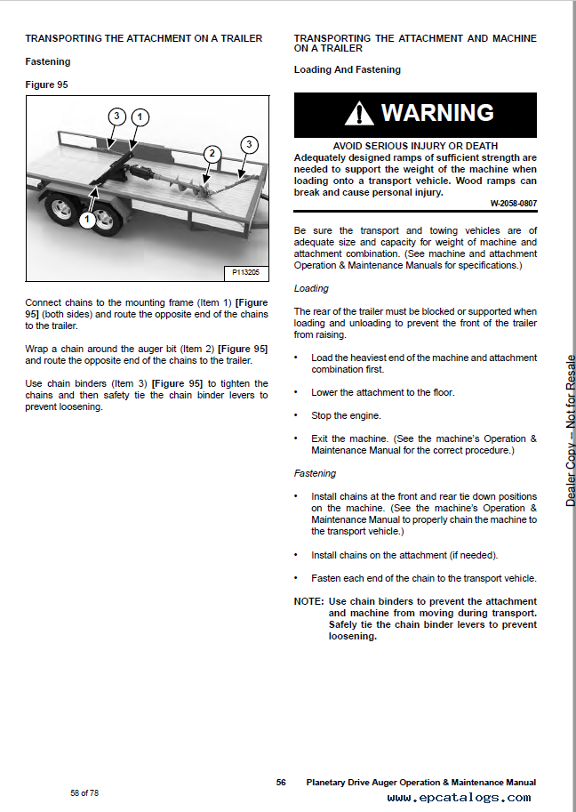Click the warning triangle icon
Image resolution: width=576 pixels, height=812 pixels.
pos(360,113)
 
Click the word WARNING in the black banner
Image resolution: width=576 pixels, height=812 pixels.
pos(437,113)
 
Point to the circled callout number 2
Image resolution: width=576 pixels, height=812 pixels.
pos(211,154)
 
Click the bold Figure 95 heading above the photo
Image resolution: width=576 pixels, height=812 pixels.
pos(46,85)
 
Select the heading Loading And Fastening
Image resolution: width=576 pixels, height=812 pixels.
pos(347,69)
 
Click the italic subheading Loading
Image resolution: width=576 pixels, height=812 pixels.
pos(311,288)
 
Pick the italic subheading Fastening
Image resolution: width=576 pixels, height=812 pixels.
pos(315,473)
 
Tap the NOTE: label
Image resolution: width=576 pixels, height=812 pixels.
pos(308,602)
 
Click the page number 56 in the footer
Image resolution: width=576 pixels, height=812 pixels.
pos(281,783)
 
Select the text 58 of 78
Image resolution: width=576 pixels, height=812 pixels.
pos(84,792)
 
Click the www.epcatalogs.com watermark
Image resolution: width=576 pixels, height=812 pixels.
pos(459,798)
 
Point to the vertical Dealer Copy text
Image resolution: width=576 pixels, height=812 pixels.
pos(570,431)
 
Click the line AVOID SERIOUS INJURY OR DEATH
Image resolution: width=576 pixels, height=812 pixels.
pos(415,146)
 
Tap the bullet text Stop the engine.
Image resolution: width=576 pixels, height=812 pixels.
pos(346,415)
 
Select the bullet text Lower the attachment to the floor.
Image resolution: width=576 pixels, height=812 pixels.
pos(382,392)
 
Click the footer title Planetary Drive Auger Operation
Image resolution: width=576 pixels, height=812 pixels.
pos(420,783)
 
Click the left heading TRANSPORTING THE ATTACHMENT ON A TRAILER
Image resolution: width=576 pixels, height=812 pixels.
pos(144,39)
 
